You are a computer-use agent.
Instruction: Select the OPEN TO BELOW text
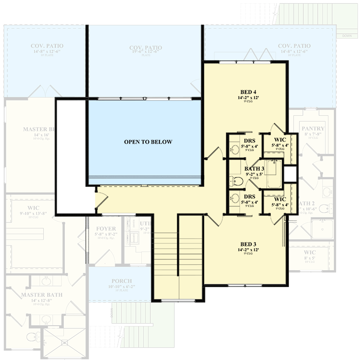pos(148,142)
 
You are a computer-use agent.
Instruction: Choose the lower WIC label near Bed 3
pos(280,199)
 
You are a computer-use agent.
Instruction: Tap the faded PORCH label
pos(119,281)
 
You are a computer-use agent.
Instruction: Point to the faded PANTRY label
pos(313,128)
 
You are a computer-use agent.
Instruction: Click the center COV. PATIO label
pos(145,47)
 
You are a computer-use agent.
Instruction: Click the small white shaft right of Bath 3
pos(290,173)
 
